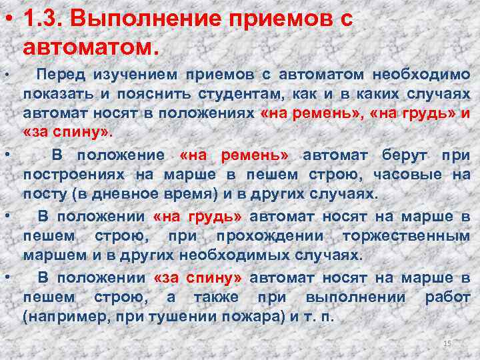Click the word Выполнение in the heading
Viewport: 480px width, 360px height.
127,20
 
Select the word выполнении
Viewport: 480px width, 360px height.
350,297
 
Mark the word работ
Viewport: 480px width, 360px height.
448,297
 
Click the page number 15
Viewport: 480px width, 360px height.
447,343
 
